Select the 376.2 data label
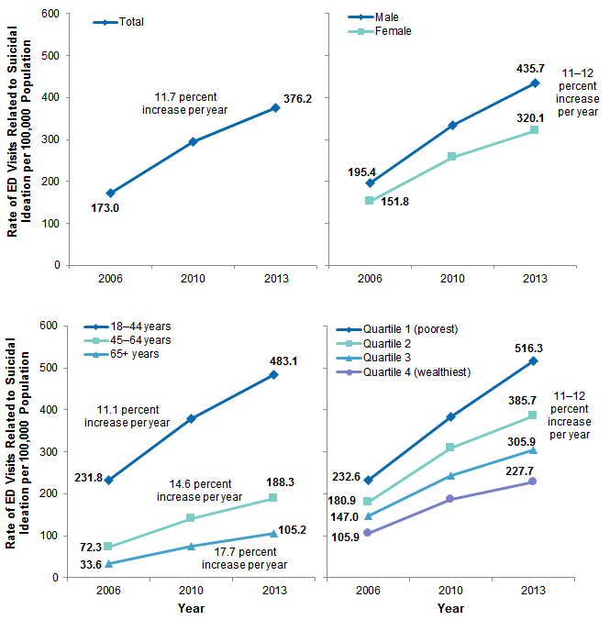coord(297,99)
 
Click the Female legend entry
coord(392,31)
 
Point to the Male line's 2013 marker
coord(534,83)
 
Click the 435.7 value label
coord(532,68)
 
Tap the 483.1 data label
coord(274,360)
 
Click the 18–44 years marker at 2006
coord(109,480)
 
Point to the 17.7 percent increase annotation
coord(242,559)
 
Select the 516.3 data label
coord(532,347)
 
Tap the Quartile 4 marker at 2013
coord(533,482)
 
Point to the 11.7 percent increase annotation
coord(184,104)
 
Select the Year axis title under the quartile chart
coord(450,608)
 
